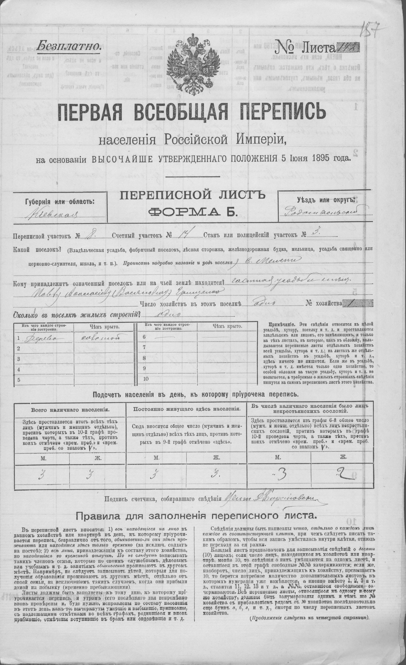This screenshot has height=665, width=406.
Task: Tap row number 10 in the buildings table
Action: [x=146, y=379]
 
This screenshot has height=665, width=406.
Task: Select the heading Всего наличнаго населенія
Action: [x=70, y=409]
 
